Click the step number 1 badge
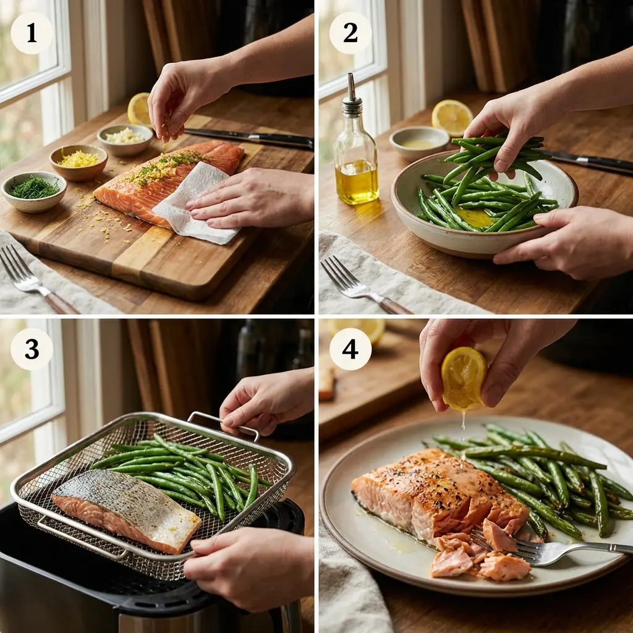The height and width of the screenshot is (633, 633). click(32, 33)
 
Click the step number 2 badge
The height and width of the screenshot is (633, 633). click(350, 33)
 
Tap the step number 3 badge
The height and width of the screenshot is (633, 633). click(32, 349)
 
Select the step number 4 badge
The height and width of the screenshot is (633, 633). click(350, 349)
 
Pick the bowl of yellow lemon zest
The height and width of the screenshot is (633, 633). click(79, 161)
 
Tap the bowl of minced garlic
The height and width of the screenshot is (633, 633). click(125, 137)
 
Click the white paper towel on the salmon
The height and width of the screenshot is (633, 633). click(195, 204)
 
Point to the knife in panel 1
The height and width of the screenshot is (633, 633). click(260, 138)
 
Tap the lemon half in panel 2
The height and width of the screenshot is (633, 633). click(452, 117)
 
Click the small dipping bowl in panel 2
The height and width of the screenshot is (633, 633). click(419, 143)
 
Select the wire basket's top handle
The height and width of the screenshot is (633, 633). click(223, 423)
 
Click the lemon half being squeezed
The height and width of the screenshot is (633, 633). click(464, 377)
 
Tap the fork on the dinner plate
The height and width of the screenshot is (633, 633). click(556, 550)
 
